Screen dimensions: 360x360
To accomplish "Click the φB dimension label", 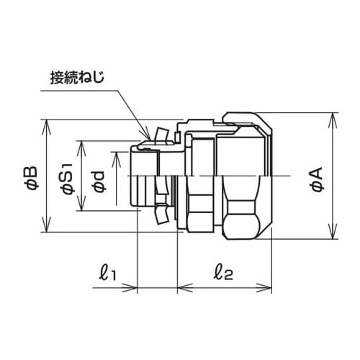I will [30, 176].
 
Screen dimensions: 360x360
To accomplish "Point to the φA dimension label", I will [316, 176].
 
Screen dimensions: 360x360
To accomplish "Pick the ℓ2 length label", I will [224, 273].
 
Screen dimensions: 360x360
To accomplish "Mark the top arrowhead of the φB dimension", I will [48, 125].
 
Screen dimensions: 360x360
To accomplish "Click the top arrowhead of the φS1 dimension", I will [82, 143].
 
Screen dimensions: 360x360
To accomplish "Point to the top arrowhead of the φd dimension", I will [116, 156].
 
